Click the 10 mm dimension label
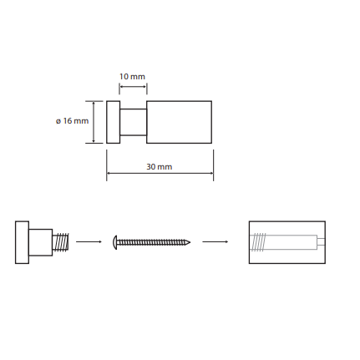click(132, 77)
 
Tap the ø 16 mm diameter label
click(73, 121)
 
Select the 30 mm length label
click(160, 167)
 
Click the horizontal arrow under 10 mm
click(133, 87)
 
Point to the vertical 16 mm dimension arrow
click(94, 122)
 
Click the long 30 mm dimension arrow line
click(160, 173)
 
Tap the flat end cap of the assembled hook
click(114, 122)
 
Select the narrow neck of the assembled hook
click(134, 122)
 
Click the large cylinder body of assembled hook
click(179, 122)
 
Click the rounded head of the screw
click(115, 242)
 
